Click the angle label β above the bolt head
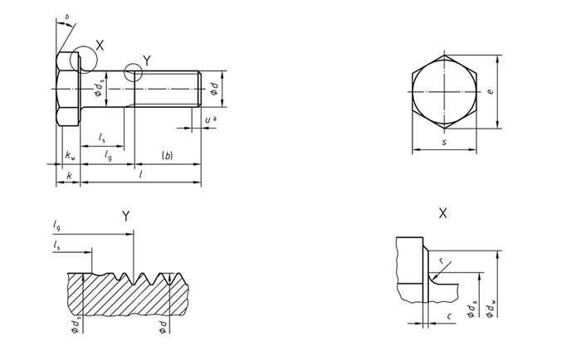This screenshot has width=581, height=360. (x=67, y=17)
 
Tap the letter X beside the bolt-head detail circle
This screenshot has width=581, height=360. (x=100, y=45)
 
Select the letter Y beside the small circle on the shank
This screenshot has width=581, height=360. (x=147, y=61)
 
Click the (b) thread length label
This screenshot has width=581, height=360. (x=168, y=156)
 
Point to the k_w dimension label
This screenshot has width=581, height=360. (x=70, y=155)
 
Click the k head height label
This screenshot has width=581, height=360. (x=69, y=176)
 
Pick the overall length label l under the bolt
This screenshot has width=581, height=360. (x=141, y=174)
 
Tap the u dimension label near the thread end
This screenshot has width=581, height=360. (x=211, y=119)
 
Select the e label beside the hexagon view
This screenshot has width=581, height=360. (x=491, y=91)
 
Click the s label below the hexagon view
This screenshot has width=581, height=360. (x=445, y=142)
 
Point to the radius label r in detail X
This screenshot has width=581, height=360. (x=442, y=260)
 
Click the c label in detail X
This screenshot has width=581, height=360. (x=449, y=316)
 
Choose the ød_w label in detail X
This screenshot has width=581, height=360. (x=491, y=309)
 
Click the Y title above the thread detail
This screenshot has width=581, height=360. (x=126, y=216)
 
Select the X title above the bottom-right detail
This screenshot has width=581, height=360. (x=442, y=213)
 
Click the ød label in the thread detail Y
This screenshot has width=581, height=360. (x=163, y=327)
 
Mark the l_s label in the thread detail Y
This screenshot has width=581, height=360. (x=56, y=245)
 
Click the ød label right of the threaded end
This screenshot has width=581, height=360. (x=214, y=89)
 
